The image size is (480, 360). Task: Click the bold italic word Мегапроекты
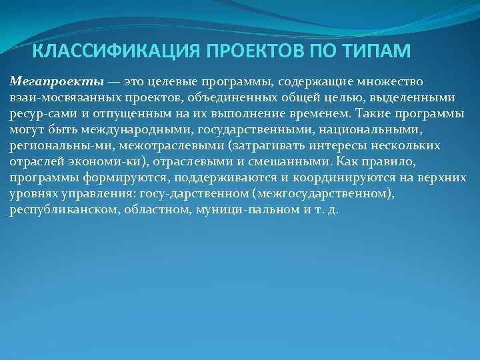tap(57, 82)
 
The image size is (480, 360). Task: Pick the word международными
tap(136, 130)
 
